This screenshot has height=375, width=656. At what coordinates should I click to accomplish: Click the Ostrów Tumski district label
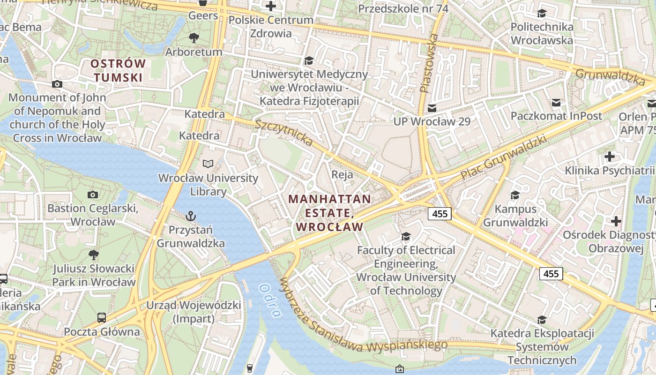(x=118, y=70)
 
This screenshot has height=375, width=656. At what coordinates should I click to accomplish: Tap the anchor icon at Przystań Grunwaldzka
(x=190, y=216)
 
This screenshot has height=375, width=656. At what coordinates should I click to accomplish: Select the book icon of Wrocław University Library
(x=208, y=164)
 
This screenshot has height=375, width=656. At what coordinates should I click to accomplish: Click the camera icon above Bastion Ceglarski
(x=93, y=195)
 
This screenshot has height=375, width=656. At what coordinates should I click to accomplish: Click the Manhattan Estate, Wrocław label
(x=329, y=213)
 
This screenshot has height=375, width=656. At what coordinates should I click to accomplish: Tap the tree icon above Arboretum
(x=194, y=38)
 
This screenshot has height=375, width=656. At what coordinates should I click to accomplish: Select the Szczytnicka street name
(x=283, y=133)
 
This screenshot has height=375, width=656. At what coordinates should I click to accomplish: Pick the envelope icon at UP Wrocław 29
(x=432, y=108)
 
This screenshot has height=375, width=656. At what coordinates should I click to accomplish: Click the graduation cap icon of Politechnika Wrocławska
(x=542, y=13)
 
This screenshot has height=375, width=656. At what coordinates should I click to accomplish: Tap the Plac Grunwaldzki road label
(x=504, y=157)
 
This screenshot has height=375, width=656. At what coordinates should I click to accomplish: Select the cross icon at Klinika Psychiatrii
(x=609, y=156)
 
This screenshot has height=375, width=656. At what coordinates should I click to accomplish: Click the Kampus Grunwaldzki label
(x=515, y=216)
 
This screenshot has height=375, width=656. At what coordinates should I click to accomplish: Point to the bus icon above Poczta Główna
(x=102, y=317)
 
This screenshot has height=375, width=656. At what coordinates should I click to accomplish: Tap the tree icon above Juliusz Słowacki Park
(x=93, y=255)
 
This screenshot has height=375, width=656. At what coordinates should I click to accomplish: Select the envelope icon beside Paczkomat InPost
(x=556, y=102)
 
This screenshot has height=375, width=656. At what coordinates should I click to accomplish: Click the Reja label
(x=342, y=174)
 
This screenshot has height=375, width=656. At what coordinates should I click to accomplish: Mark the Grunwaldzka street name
(x=610, y=77)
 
